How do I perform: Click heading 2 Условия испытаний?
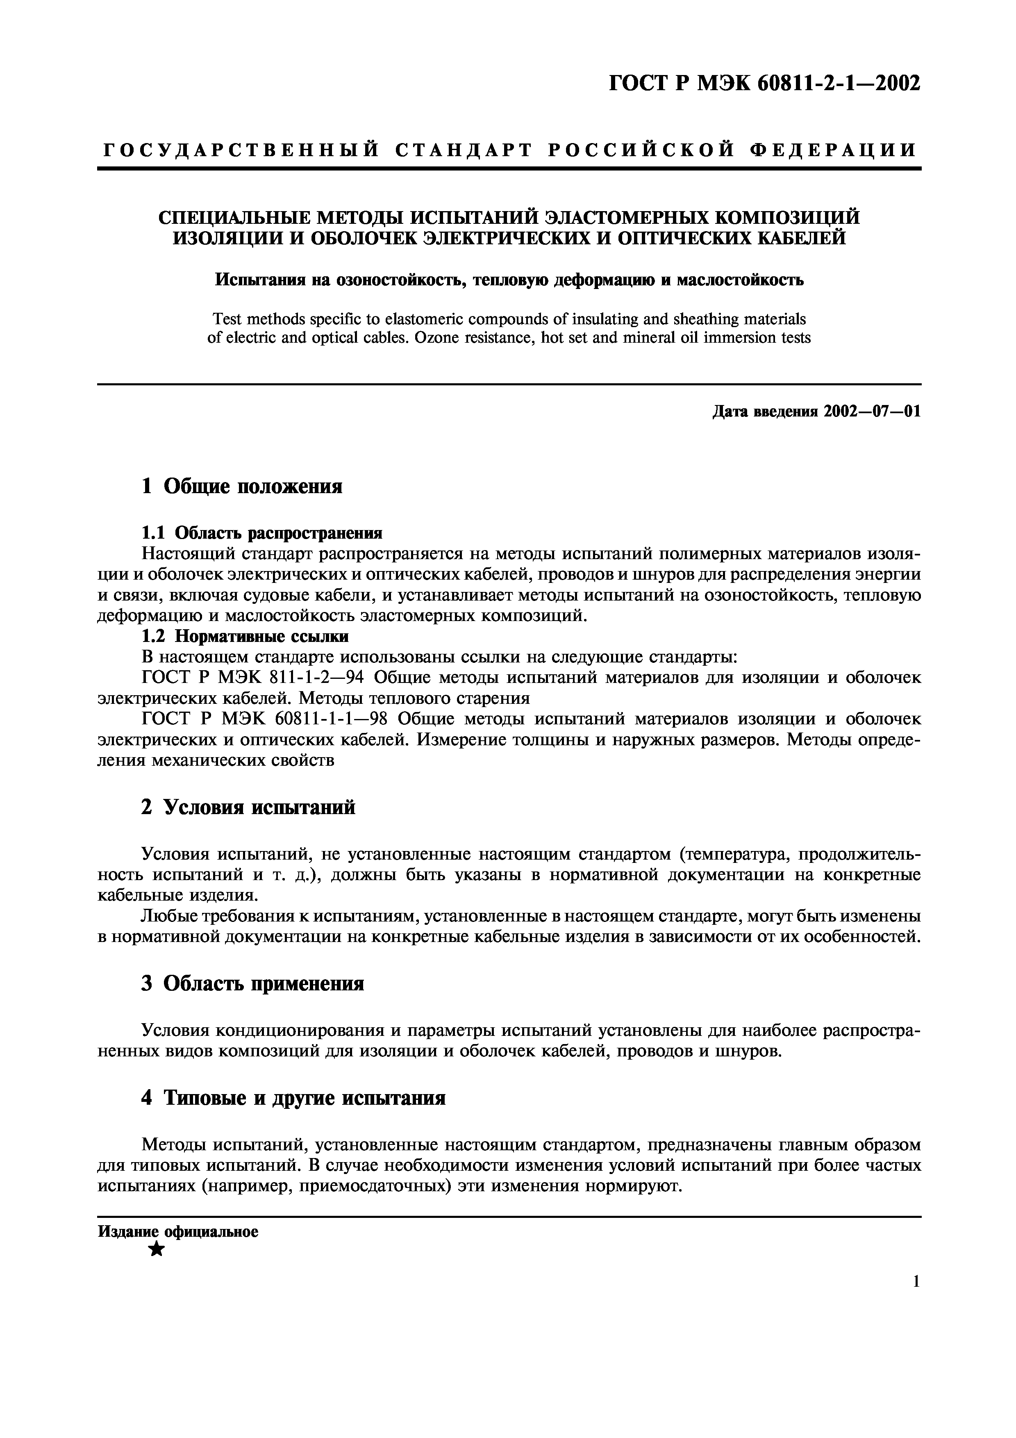point(248,807)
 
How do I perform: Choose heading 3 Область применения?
point(252,983)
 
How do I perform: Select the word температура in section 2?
point(734,853)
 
